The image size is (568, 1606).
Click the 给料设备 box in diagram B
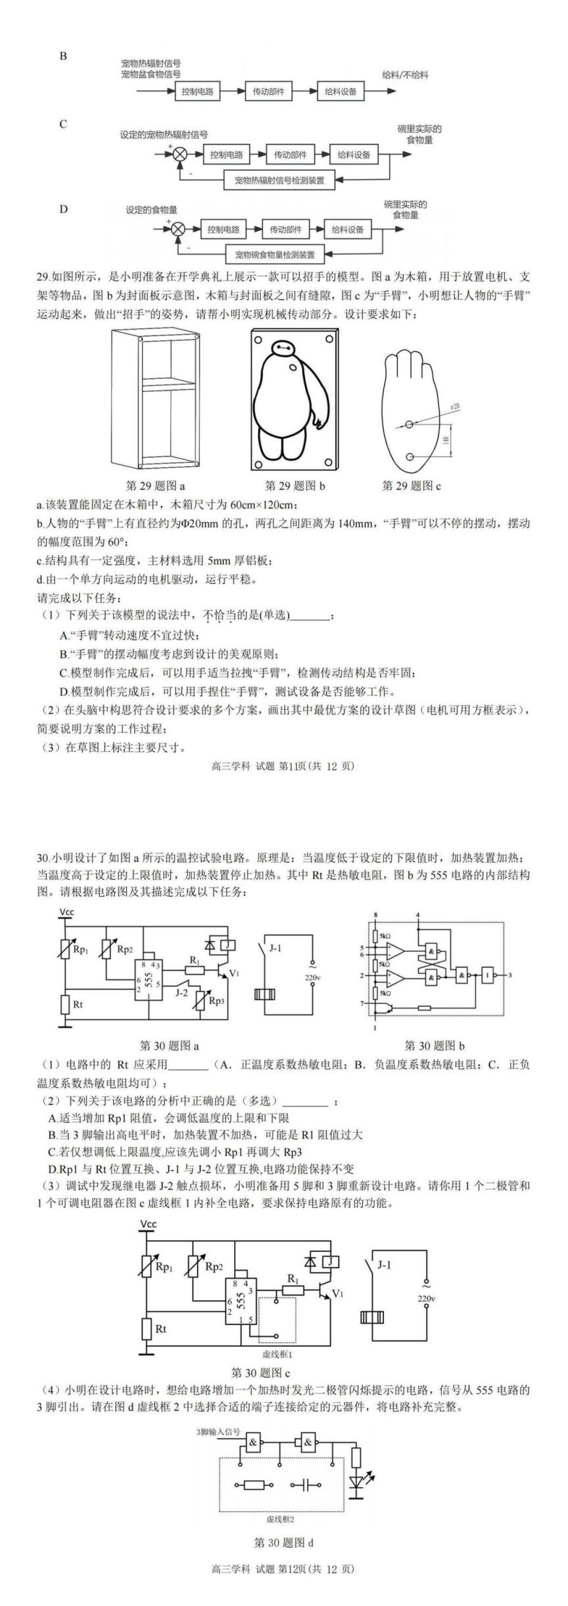click(341, 91)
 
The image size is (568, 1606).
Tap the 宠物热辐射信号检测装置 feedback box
click(279, 179)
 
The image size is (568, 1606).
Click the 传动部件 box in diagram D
click(285, 230)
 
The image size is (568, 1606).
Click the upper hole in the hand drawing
click(409, 424)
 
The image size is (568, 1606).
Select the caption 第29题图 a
click(155, 486)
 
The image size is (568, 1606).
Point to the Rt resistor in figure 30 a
click(64, 1004)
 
